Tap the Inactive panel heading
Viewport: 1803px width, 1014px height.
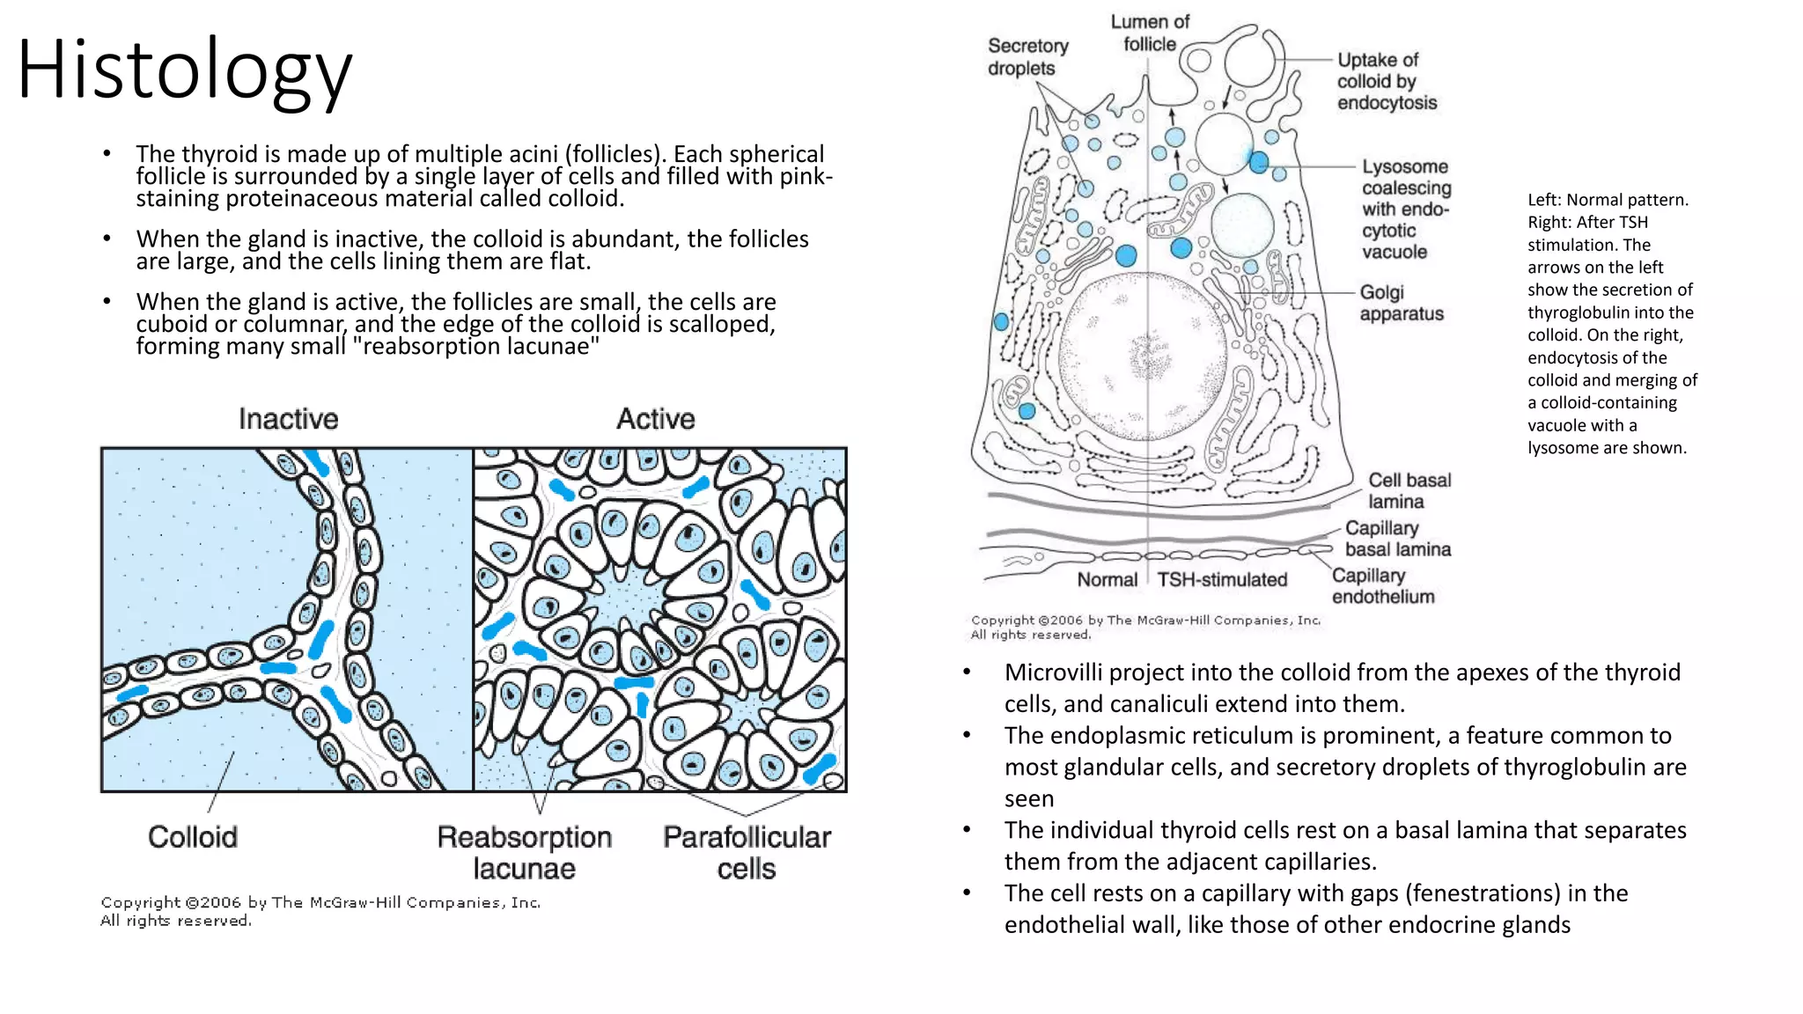tap(288, 419)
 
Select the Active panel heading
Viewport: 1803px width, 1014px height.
tap(655, 419)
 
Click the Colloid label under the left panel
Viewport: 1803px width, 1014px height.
tap(193, 837)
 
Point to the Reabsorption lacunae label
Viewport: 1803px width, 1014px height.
tap(524, 852)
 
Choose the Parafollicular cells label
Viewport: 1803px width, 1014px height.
tap(747, 852)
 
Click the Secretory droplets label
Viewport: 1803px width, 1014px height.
tap(1027, 57)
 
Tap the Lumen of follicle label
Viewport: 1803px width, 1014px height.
tap(1149, 33)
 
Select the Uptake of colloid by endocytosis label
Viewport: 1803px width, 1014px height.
tap(1386, 81)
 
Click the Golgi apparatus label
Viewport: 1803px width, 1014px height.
tap(1400, 303)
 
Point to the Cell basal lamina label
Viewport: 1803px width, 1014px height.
tap(1408, 490)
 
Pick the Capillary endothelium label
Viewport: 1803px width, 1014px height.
tap(1381, 586)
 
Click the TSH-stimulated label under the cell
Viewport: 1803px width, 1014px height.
tap(1221, 580)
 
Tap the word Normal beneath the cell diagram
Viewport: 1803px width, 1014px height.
tap(1107, 580)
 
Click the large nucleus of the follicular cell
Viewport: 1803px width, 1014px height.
tap(1144, 356)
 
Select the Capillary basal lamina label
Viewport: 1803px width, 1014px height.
tap(1396, 539)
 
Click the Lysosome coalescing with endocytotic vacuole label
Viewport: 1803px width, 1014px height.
tap(1405, 209)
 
